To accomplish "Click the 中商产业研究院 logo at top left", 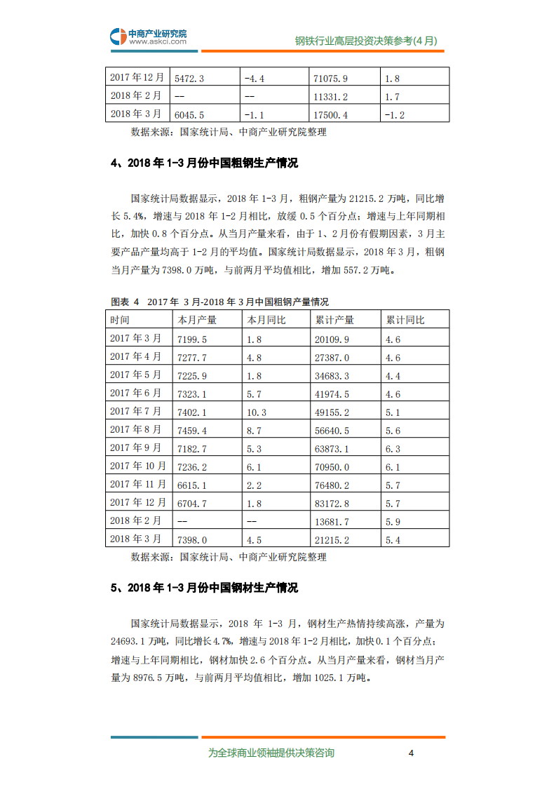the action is pos(149,36).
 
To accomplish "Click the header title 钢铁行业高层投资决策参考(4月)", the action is pos(366,41).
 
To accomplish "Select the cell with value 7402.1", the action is pos(191,412).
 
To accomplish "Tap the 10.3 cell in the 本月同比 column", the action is pos(257,412).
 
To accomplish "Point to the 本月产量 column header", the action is pos(197,321).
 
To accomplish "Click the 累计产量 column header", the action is pos(334,321).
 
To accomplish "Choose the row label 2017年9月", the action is pos(136,448).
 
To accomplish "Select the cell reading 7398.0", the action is pos(191,539).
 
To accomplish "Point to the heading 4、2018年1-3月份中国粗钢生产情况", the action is pos(204,163).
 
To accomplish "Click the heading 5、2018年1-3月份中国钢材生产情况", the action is pos(204,588).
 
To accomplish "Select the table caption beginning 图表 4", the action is pos(219,302).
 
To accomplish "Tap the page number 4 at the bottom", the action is pos(412,753).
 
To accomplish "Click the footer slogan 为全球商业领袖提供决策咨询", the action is pos(271,753).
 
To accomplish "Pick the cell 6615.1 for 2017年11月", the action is pos(191,485).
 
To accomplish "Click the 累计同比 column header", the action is pos(405,321).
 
